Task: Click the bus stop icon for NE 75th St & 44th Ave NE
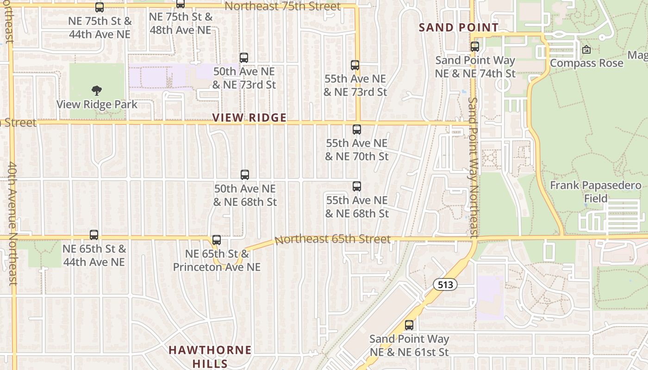pyautogui.click(x=100, y=7)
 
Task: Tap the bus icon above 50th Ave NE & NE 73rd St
pyautogui.click(x=244, y=58)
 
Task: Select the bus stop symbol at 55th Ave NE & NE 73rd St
pyautogui.click(x=355, y=65)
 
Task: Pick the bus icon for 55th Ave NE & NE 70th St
pyautogui.click(x=356, y=129)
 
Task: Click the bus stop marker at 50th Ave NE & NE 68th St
pyautogui.click(x=245, y=175)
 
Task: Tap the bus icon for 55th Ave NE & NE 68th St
pyautogui.click(x=356, y=186)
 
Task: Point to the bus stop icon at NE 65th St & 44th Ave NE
pyautogui.click(x=94, y=235)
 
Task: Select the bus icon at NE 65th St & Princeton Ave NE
pyautogui.click(x=217, y=240)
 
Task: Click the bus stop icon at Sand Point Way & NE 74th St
pyautogui.click(x=475, y=47)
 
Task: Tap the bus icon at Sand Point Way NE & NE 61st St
pyautogui.click(x=409, y=325)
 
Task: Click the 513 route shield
pyautogui.click(x=445, y=284)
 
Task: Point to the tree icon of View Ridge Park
pyautogui.click(x=97, y=90)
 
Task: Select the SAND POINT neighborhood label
pyautogui.click(x=459, y=27)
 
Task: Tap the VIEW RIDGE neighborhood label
pyautogui.click(x=249, y=117)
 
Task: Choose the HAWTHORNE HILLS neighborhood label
pyautogui.click(x=210, y=356)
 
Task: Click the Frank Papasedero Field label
pyautogui.click(x=596, y=192)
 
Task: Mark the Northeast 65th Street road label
pyautogui.click(x=333, y=240)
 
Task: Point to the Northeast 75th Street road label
pyautogui.click(x=283, y=6)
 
